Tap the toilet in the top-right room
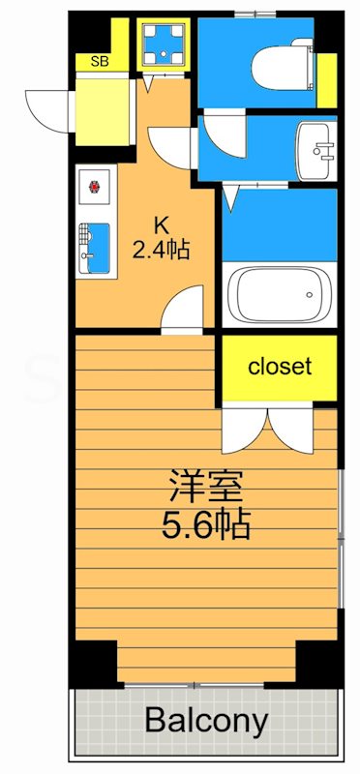coord(280,68)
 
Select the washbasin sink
coord(315,151)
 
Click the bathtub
coord(278,295)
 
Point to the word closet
coord(280,367)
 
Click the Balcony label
coord(206,721)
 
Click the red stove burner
coord(96,187)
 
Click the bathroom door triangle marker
coord(229,198)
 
